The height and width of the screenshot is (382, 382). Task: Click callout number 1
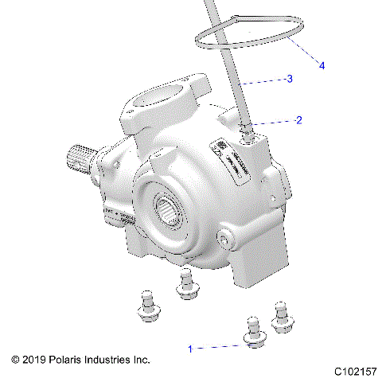coord(189,348)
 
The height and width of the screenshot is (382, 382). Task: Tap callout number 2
coord(298,121)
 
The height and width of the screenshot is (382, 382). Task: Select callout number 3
coord(290,79)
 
